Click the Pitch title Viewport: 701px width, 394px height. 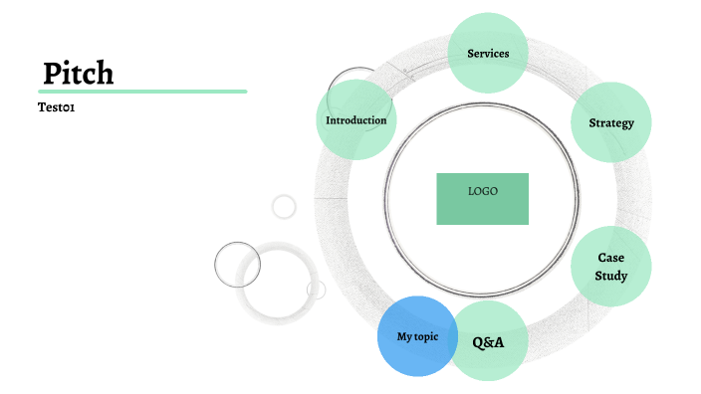79,73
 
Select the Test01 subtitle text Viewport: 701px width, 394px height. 57,107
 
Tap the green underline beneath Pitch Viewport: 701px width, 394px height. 142,92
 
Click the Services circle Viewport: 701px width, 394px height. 488,53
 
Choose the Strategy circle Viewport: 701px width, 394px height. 611,122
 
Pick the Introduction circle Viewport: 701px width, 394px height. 355,120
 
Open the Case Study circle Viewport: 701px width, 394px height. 611,266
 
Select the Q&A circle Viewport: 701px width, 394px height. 489,341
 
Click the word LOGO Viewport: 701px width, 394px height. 483,191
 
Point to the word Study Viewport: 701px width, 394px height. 611,276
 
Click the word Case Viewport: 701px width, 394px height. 611,258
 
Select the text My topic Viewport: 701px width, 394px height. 417,336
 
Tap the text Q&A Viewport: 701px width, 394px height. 488,342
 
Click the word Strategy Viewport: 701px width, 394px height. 611,123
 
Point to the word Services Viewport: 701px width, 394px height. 488,53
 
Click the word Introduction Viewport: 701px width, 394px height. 355,120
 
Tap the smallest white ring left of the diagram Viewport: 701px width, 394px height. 284,206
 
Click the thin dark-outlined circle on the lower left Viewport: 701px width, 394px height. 237,264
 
